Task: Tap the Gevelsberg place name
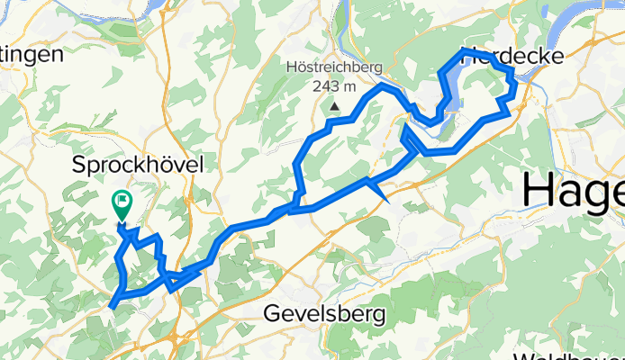[x=325, y=314]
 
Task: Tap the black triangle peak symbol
[x=334, y=106]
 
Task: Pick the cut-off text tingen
[x=31, y=54]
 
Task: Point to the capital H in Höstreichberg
[x=290, y=67]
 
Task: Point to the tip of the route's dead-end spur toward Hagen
[x=387, y=199]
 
